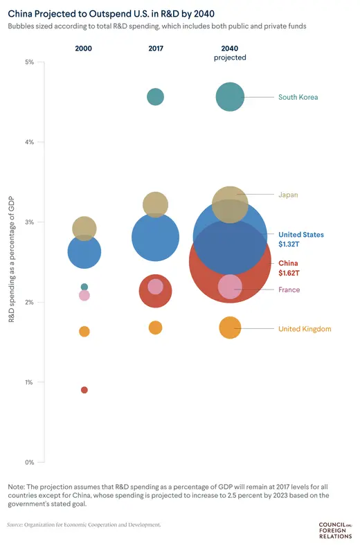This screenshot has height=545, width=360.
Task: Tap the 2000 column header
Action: coord(84,48)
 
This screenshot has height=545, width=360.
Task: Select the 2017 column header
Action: coord(156,48)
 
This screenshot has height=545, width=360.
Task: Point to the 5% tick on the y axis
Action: coord(30,62)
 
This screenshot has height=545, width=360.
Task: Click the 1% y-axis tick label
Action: coord(30,382)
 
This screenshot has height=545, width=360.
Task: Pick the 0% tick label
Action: coord(30,462)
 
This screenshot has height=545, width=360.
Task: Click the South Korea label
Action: coord(298,97)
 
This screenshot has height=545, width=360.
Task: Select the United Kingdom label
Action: coord(305,329)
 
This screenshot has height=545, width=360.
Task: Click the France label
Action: coord(289,289)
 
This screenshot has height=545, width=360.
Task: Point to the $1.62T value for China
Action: coord(289,274)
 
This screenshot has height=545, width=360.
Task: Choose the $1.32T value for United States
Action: coord(289,245)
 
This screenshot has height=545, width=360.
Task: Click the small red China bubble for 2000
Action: coord(84,390)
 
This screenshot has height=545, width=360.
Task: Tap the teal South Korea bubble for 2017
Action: coord(156,97)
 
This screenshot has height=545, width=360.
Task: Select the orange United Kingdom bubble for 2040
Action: coord(230,328)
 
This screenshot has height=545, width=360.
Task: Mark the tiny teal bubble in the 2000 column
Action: coord(84,287)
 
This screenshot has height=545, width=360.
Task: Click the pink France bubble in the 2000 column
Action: coord(84,296)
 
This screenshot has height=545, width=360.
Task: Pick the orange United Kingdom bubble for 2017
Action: coord(156,328)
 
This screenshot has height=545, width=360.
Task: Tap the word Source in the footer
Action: coord(18,525)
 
